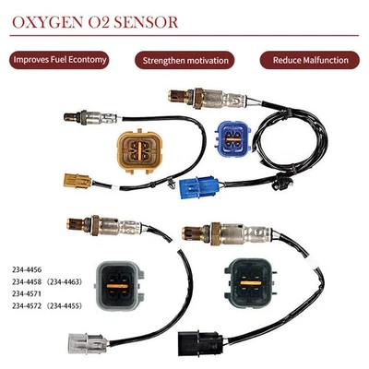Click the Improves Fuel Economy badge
click(x=60, y=60)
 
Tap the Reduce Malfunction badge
click(x=310, y=60)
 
